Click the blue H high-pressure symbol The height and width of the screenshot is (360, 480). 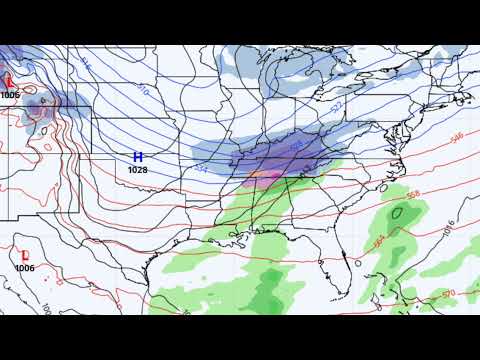[138, 157]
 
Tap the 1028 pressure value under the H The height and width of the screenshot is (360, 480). [138, 170]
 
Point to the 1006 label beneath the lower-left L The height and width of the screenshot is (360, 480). [25, 268]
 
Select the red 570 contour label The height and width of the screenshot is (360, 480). [449, 293]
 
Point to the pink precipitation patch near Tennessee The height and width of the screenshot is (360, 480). [262, 173]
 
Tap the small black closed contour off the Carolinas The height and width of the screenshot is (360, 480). [401, 212]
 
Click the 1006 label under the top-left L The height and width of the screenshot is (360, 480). [10, 95]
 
